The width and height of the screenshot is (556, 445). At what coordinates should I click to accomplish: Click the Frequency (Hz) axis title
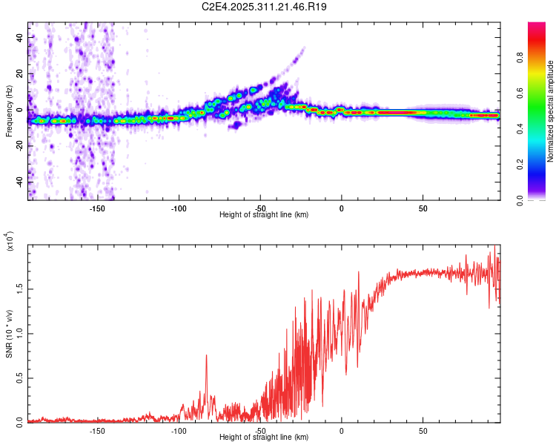(x=9, y=111)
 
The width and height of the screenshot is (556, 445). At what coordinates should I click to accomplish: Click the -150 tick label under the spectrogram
(x=97, y=208)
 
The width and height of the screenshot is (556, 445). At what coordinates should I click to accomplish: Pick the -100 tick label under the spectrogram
(x=179, y=208)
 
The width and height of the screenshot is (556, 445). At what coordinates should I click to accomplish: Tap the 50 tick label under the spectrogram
(x=423, y=208)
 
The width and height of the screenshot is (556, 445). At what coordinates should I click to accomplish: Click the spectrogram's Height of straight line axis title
(x=265, y=215)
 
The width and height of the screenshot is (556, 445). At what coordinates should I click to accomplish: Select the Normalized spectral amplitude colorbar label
(x=551, y=111)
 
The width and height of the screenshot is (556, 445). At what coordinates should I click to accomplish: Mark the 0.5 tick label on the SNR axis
(x=21, y=377)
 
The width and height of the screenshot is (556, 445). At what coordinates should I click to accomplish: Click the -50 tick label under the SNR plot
(x=260, y=431)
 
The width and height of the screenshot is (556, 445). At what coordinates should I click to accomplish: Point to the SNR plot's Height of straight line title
(x=265, y=438)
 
